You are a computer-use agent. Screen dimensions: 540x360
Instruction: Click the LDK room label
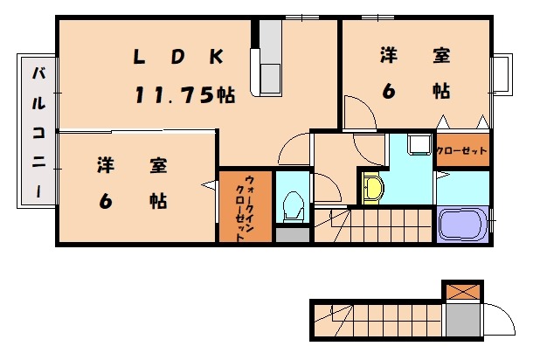[x=178, y=57]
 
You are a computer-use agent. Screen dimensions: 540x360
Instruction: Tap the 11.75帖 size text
[x=185, y=95]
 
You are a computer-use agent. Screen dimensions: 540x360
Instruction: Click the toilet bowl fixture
[x=294, y=206]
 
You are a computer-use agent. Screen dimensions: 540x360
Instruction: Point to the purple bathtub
[x=462, y=225]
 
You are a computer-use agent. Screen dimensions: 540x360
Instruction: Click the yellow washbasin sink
[x=372, y=188]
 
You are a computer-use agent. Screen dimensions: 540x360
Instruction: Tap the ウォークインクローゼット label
[x=245, y=208]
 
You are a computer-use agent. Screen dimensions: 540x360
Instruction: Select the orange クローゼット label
[x=461, y=150]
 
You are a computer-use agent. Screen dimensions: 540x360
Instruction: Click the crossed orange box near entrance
[x=462, y=292]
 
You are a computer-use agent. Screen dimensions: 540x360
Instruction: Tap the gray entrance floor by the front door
[x=462, y=320]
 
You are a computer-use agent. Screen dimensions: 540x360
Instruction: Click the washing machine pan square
[x=419, y=144]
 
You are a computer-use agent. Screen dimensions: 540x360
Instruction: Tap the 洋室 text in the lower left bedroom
[x=132, y=165]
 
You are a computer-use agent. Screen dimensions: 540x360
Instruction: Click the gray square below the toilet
[x=293, y=234]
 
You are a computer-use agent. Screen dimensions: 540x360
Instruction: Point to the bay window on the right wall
[x=502, y=73]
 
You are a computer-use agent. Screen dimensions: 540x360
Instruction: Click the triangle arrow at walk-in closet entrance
[x=208, y=185]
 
